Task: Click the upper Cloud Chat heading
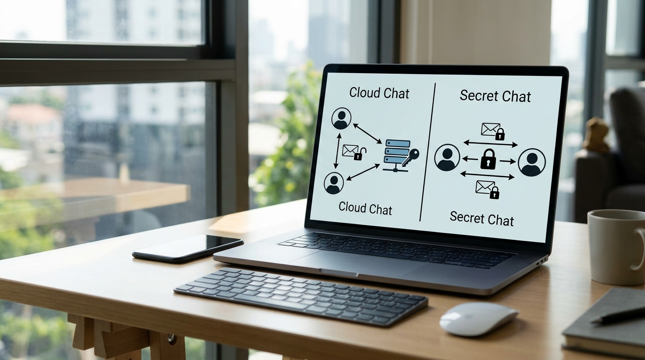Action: (379, 93)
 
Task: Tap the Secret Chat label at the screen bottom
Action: (482, 218)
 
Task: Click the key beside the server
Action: (411, 157)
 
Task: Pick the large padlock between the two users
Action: (488, 159)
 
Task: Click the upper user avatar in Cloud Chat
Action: (342, 119)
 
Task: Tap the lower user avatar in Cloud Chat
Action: (334, 183)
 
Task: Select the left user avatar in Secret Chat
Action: (447, 157)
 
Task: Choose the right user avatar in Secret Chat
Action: (532, 163)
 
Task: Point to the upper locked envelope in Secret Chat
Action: (493, 131)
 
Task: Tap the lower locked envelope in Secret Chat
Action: (487, 189)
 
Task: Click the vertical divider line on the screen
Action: (427, 152)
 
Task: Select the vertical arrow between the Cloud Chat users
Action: (337, 151)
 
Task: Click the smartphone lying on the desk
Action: (188, 248)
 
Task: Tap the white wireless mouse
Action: (478, 319)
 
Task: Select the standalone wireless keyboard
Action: (301, 297)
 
